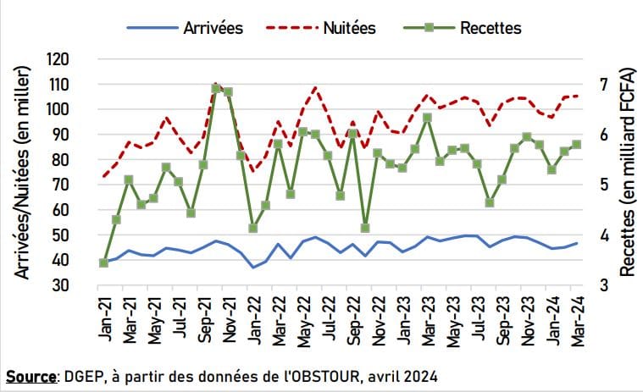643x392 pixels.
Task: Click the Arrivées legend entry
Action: (x=213, y=28)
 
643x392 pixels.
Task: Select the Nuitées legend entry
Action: (x=350, y=28)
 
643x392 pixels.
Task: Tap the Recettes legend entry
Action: (x=491, y=28)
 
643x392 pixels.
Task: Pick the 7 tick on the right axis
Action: (x=602, y=85)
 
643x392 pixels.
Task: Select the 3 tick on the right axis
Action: (x=602, y=285)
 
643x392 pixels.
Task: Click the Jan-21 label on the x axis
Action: (x=104, y=319)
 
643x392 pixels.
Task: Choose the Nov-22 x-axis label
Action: (x=378, y=319)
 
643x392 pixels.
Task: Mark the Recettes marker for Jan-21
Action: (x=103, y=262)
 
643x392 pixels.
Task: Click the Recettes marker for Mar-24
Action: (x=576, y=145)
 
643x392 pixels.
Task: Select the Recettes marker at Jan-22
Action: (x=252, y=228)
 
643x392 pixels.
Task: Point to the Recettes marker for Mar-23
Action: (x=427, y=118)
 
